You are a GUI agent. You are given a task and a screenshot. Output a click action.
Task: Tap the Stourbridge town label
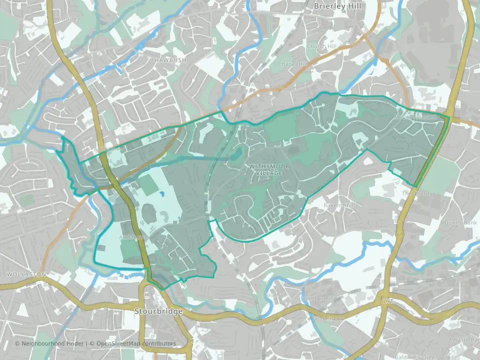[x=158, y=311]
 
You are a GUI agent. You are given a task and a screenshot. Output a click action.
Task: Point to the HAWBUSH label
[x=170, y=60]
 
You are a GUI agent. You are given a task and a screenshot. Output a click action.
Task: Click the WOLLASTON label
[x=26, y=274]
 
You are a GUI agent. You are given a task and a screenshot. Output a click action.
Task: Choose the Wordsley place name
[x=67, y=18]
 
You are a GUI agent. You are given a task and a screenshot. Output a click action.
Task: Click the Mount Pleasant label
[x=415, y=116]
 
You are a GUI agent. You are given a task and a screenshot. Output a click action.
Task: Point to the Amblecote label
[x=133, y=237]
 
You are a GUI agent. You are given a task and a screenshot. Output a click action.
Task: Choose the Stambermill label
[x=317, y=298]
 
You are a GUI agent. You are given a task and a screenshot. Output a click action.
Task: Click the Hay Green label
[x=330, y=318]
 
